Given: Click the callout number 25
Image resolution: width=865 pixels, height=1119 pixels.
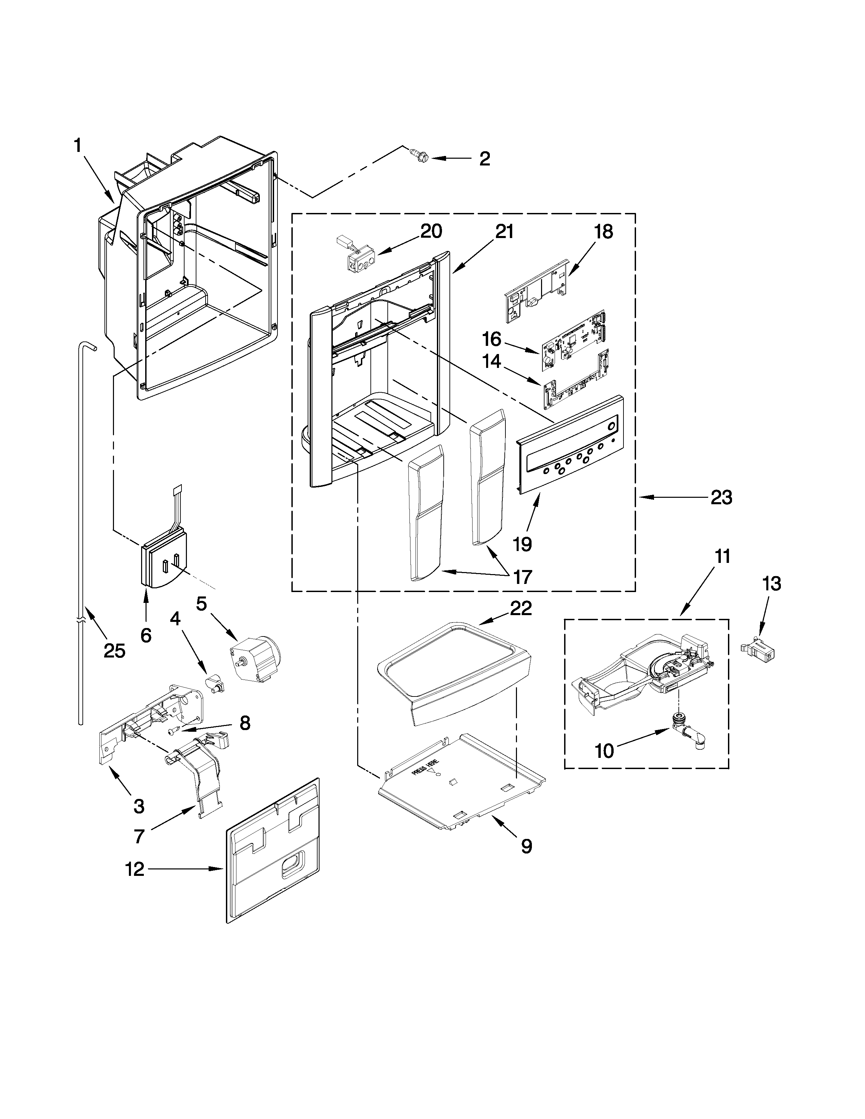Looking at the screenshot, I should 114,651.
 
